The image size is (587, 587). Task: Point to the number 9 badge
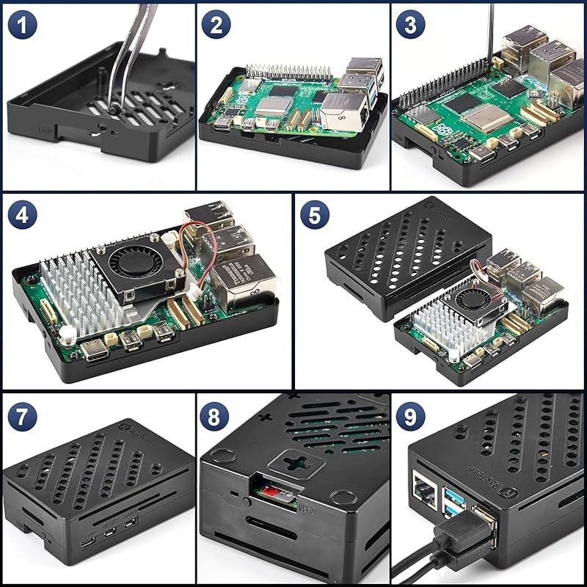[x=410, y=417]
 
